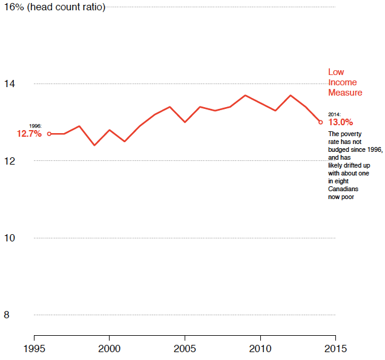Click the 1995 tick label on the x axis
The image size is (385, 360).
pos(34,349)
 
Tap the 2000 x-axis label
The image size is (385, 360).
pos(109,349)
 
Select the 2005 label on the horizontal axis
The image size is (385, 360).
pos(185,349)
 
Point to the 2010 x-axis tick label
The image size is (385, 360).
pos(260,349)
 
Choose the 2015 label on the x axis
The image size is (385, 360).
pos(335,349)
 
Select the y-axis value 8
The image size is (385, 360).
pos(7,315)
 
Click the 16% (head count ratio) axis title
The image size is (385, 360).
pos(54,7)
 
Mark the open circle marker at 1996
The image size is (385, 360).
pos(49,134)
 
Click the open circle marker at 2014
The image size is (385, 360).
pos(320,122)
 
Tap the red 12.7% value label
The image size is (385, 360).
pos(29,134)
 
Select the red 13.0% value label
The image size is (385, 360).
pos(340,122)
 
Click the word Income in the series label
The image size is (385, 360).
pos(342,82)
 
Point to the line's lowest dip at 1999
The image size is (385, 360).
pos(94,145)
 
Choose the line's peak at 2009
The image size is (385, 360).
pos(245,95)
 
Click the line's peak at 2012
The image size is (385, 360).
pos(290,95)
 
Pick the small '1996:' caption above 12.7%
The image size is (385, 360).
pos(35,126)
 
